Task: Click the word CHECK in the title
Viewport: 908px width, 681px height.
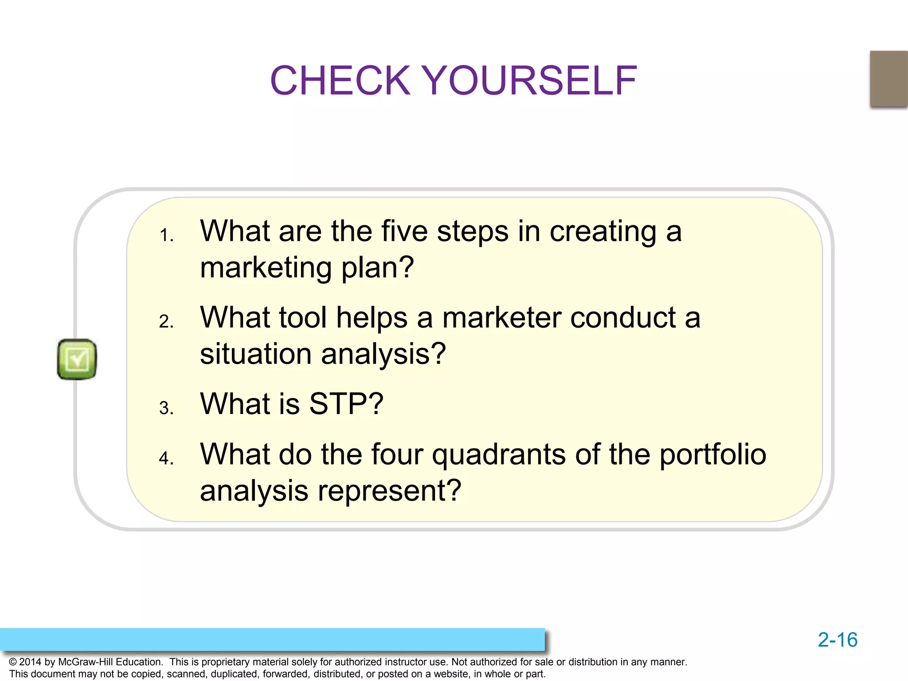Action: pyautogui.click(x=340, y=81)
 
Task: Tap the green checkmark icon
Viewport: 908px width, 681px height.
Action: pyautogui.click(x=77, y=359)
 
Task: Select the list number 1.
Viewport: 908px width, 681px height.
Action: pyautogui.click(x=166, y=235)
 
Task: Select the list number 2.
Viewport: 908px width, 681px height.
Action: pyautogui.click(x=166, y=321)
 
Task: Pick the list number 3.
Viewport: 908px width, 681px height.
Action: pyautogui.click(x=166, y=408)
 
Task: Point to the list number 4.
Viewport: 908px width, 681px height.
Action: pyautogui.click(x=166, y=458)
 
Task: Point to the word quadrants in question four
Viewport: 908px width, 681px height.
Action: pyautogui.click(x=499, y=455)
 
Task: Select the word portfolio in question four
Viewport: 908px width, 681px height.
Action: pyautogui.click(x=713, y=455)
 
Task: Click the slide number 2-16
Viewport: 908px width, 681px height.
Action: pyautogui.click(x=837, y=640)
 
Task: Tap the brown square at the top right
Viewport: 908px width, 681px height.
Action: pyautogui.click(x=888, y=79)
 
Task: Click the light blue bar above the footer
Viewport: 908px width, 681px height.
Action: pyautogui.click(x=272, y=639)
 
